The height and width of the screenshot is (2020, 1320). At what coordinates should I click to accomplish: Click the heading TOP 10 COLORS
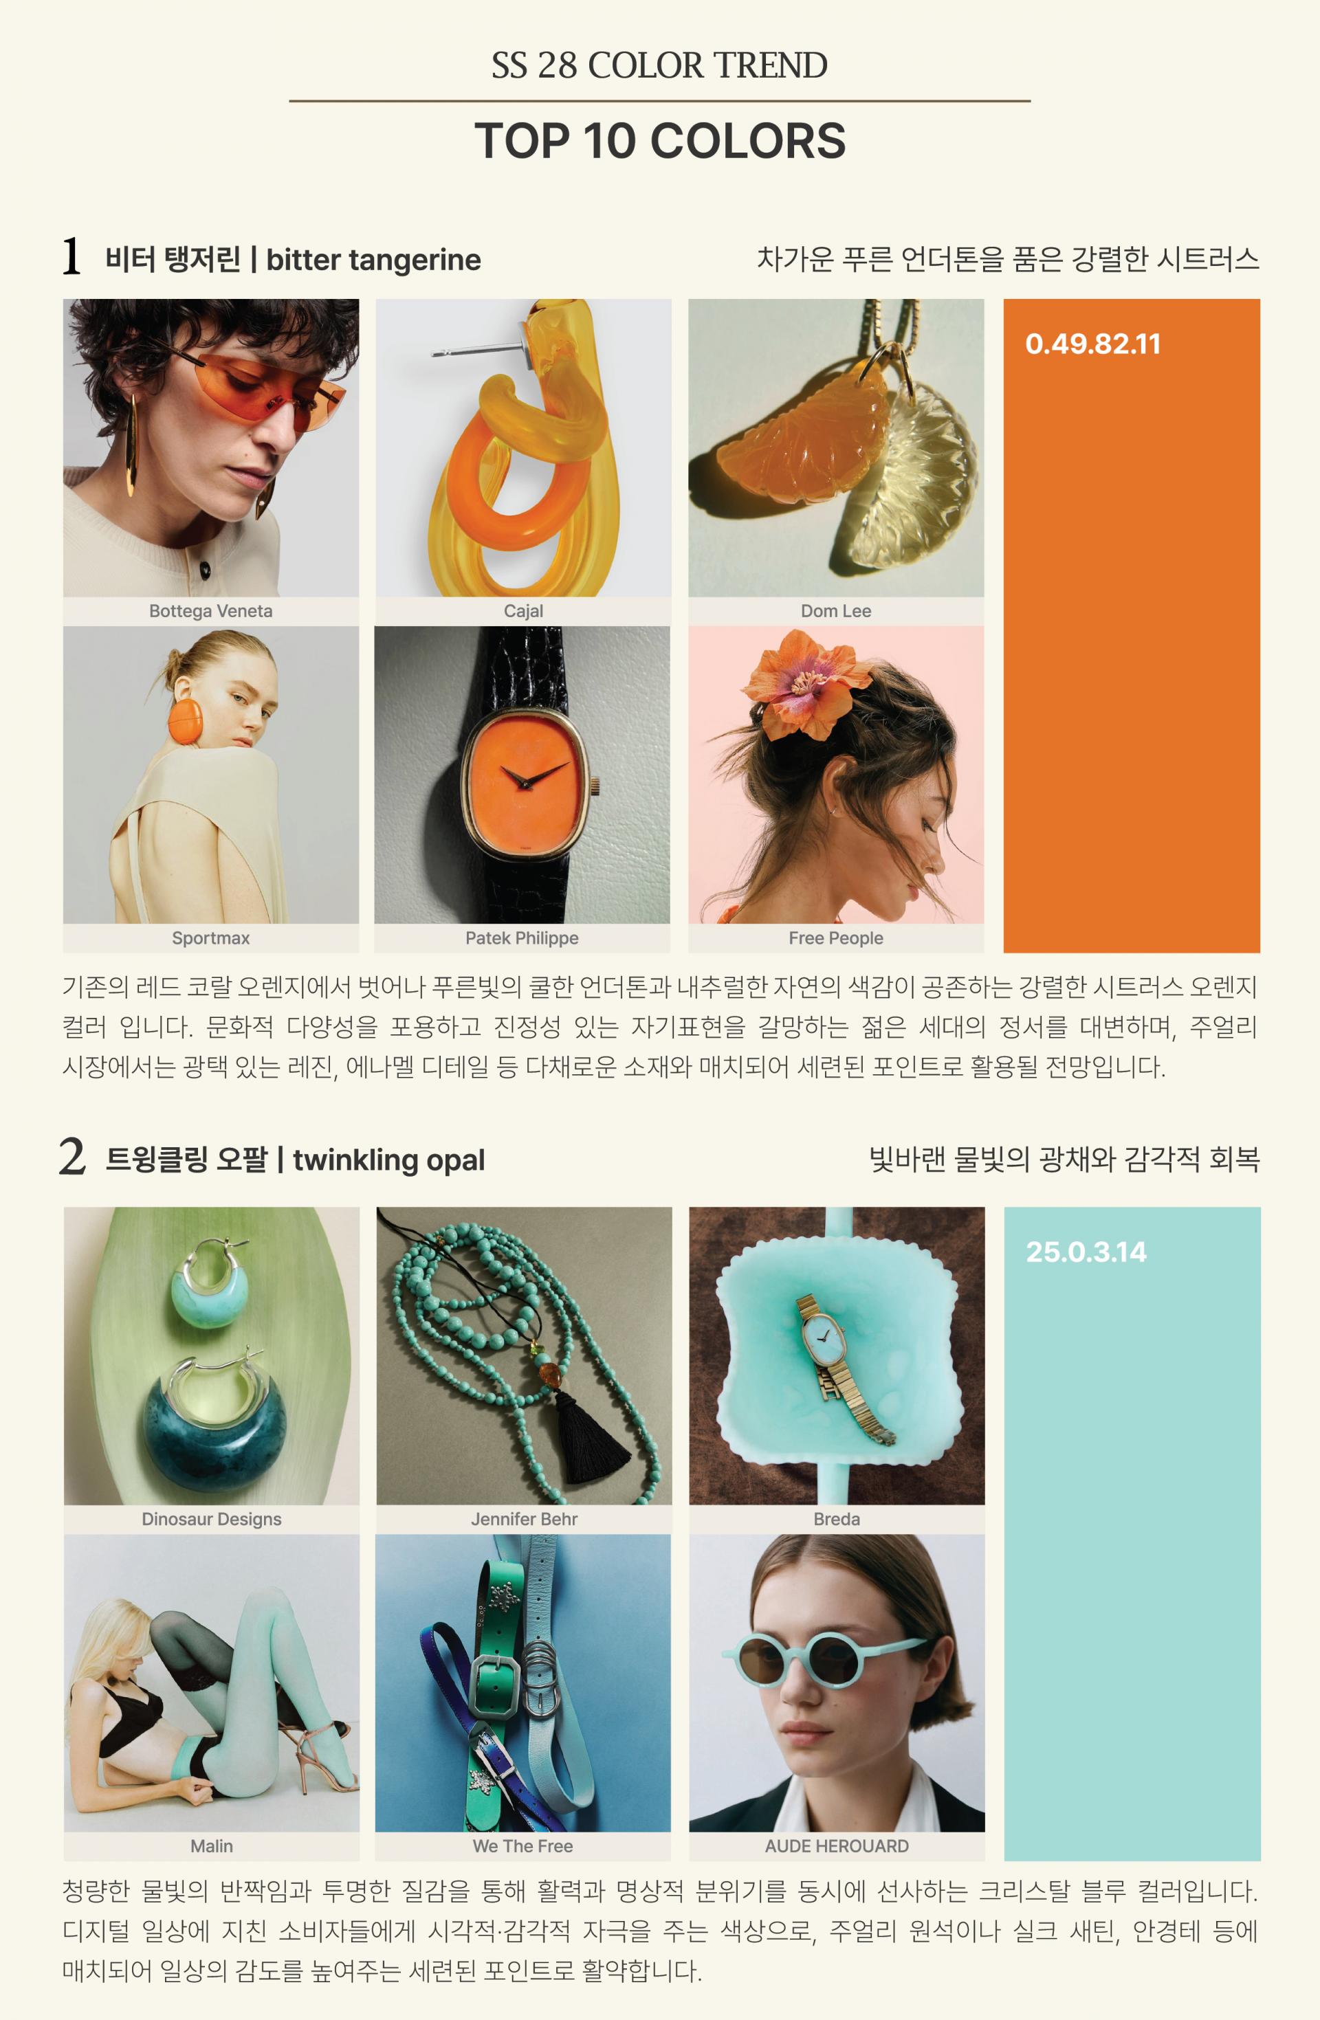click(x=659, y=141)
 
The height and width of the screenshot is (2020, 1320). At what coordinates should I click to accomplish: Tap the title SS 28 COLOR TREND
click(x=659, y=65)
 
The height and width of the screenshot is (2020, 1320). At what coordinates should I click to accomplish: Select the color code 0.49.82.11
click(x=1092, y=344)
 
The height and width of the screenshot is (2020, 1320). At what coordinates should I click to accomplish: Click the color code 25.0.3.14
click(x=1086, y=1252)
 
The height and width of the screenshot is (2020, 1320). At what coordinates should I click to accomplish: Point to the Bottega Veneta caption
click(x=210, y=611)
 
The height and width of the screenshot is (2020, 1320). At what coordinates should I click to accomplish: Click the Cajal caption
click(x=523, y=611)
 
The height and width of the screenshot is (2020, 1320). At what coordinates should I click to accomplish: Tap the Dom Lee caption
click(x=836, y=611)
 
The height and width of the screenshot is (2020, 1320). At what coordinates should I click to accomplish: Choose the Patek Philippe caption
click(x=522, y=938)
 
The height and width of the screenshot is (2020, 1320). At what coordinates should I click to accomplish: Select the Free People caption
click(x=836, y=938)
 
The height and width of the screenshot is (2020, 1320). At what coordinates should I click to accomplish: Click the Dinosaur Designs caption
click(x=211, y=1519)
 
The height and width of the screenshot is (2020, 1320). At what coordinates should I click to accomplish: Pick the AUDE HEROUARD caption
click(x=837, y=1846)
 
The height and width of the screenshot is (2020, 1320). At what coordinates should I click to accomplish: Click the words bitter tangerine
click(x=373, y=260)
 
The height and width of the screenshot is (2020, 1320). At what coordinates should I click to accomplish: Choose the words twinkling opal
click(x=389, y=1160)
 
